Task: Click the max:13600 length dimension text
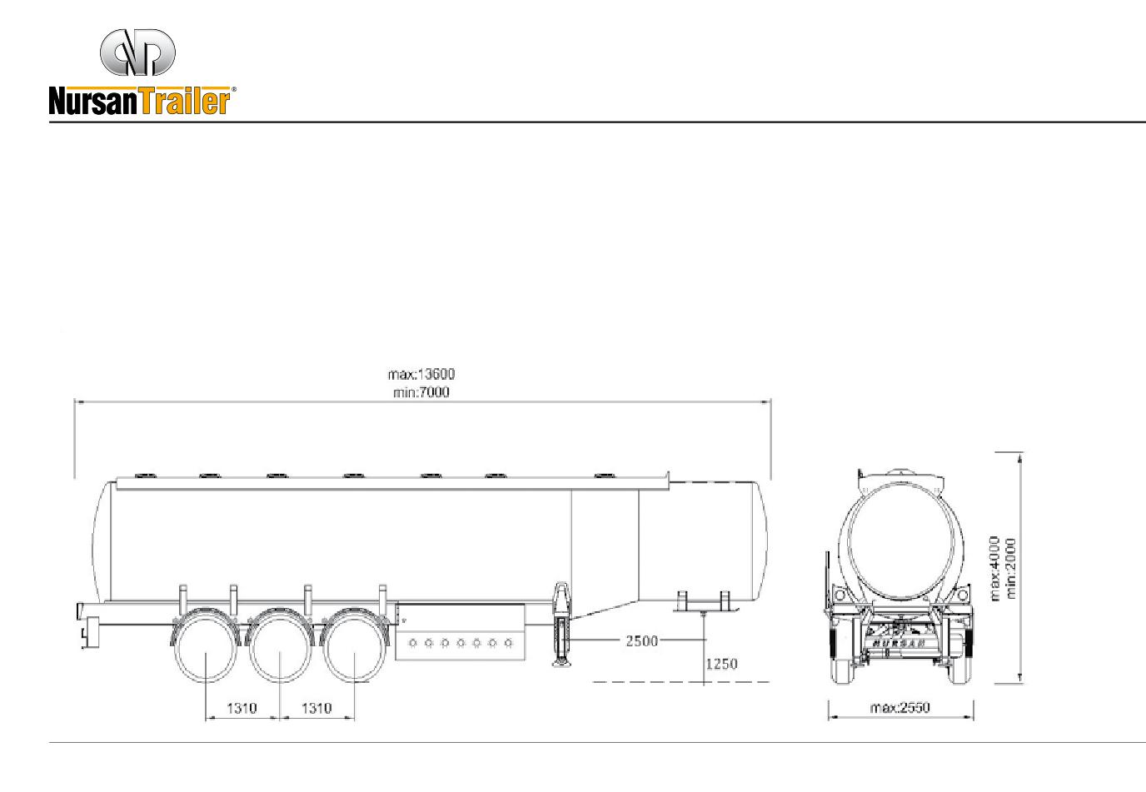tap(421, 374)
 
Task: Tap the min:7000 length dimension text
tap(421, 392)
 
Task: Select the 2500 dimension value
tap(641, 640)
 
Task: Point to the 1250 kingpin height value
tap(721, 664)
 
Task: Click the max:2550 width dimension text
tap(900, 708)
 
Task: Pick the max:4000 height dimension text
tap(994, 569)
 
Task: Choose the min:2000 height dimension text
tap(1010, 569)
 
